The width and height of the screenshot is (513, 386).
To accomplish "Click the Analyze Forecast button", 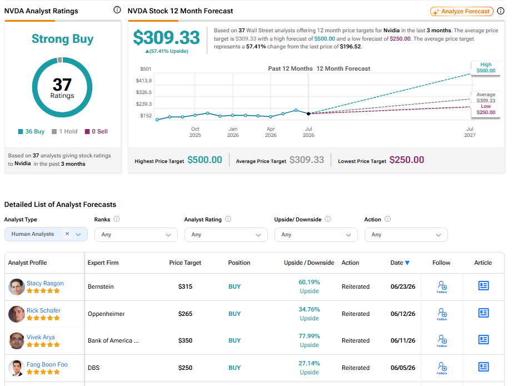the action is [462, 12].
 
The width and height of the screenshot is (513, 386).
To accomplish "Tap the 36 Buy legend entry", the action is [31, 131].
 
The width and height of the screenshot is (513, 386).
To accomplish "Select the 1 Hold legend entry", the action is [64, 131].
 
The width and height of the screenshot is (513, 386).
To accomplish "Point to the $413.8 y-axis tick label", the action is [144, 81].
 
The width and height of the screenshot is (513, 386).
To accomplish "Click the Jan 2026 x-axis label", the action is [233, 132].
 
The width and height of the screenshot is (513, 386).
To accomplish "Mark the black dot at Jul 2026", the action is [308, 113].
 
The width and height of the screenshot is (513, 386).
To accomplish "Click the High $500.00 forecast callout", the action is [486, 68].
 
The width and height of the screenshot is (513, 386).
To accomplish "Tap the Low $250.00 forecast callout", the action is [486, 110].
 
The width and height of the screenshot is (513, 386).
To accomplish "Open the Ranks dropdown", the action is [136, 235].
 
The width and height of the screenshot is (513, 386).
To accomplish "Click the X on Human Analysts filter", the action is [67, 234].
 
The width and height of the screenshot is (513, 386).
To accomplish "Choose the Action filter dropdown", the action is [406, 235].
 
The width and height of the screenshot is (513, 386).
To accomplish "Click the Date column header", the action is [400, 263].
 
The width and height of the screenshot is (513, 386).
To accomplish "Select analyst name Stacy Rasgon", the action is [45, 283].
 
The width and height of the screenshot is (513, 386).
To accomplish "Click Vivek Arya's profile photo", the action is [17, 341].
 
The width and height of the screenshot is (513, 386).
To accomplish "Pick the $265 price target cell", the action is [185, 314].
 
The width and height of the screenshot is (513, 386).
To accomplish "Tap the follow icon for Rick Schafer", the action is [442, 314].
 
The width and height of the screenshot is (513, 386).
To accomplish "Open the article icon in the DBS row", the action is [484, 367].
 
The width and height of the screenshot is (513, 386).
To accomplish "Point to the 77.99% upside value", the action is [309, 336].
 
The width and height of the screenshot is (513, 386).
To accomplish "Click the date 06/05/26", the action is [403, 368].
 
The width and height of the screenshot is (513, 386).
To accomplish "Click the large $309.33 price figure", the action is [166, 38].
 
